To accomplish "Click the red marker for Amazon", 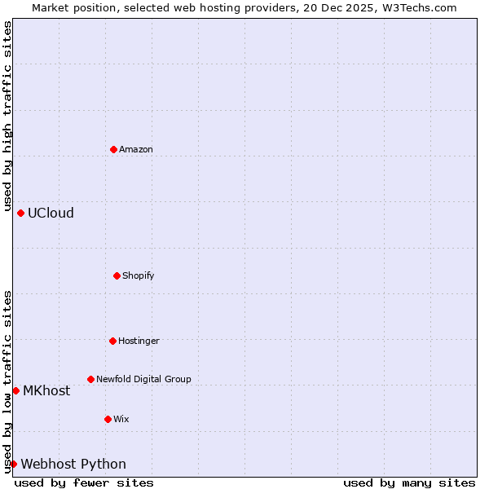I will click(113, 149).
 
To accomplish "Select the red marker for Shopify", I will click(117, 275).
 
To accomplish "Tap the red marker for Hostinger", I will click(112, 341).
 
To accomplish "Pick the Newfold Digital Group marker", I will click(90, 379).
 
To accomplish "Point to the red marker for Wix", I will click(108, 419).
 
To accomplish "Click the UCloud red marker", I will click(20, 213).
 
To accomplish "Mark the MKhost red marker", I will click(15, 390).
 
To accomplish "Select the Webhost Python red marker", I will click(13, 464).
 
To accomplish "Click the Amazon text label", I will click(136, 149).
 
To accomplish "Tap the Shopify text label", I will click(139, 275).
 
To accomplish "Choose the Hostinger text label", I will click(139, 341).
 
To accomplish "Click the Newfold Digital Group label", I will click(143, 379).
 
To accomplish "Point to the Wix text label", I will click(121, 419).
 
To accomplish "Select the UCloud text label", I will click(51, 213).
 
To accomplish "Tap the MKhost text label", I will click(46, 390).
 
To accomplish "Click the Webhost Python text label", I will click(73, 464).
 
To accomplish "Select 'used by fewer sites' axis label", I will click(84, 482).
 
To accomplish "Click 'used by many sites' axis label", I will click(409, 482).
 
